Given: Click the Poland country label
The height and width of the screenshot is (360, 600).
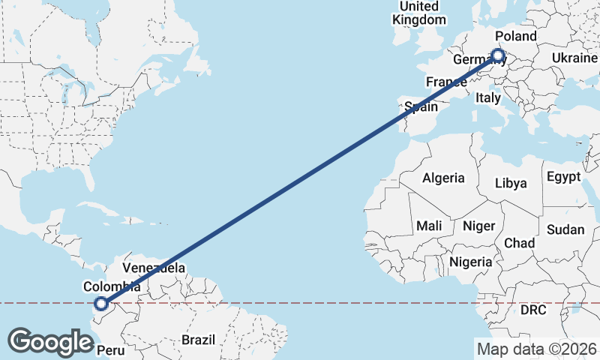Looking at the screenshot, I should pos(516,37).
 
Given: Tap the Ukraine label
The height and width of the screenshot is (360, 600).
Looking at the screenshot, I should pos(574,58).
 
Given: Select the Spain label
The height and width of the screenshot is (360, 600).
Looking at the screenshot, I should pos(421,107).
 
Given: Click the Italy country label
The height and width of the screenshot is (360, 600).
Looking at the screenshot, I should pos(488,97).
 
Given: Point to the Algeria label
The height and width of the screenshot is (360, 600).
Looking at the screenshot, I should pos(443,178).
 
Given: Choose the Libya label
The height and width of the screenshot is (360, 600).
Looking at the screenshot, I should pos(511,183).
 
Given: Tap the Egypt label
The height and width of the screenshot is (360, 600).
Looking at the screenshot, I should pos(564,178).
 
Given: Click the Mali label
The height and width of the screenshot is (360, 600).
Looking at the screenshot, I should pos(429,226).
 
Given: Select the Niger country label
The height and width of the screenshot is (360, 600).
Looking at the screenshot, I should pos(478,226).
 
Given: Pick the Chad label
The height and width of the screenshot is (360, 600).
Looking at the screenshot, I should pos(519,243).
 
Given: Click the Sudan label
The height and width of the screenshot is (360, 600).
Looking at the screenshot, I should pos(565,229).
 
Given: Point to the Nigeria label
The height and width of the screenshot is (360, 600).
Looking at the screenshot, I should pos(471,262).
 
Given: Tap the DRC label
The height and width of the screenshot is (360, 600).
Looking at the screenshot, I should pos(533,310).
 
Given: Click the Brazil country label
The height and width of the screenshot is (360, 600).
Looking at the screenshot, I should pos(198,340).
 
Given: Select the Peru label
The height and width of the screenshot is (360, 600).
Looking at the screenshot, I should pos(110,350).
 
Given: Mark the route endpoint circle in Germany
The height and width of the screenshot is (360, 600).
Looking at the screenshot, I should pos(497,55).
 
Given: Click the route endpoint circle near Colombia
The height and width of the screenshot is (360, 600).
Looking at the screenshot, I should pos(101,304).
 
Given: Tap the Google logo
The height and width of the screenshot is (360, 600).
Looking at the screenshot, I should pos(50,341).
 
